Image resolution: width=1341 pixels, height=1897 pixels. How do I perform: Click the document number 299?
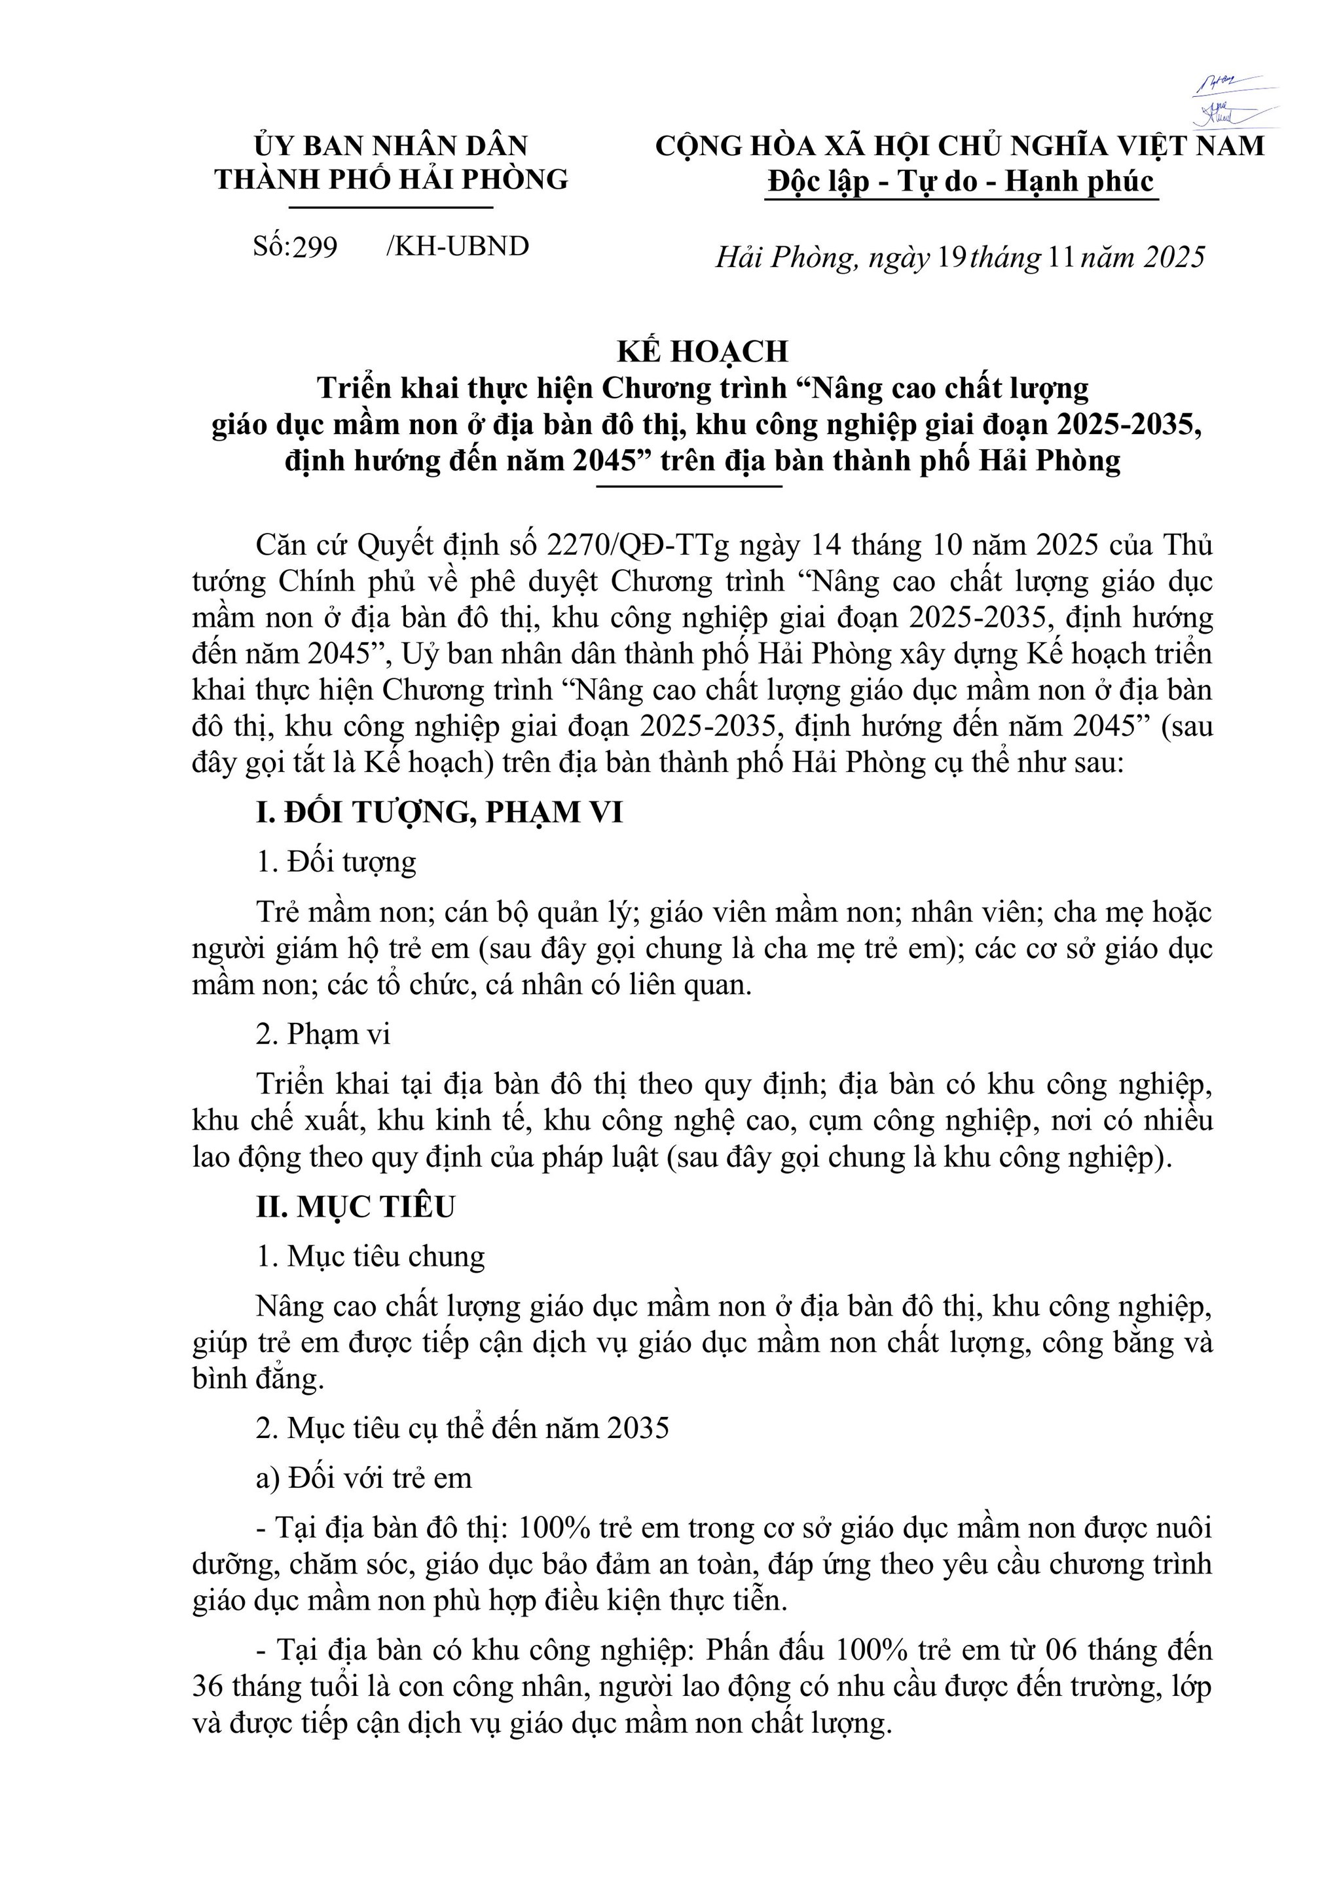click(315, 247)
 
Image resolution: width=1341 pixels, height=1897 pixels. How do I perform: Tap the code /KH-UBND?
click(457, 246)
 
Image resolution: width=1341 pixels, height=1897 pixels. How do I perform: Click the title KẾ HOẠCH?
click(703, 352)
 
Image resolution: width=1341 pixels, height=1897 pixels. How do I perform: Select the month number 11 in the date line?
click(1061, 258)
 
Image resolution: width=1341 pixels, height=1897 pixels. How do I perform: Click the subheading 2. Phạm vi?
click(322, 1033)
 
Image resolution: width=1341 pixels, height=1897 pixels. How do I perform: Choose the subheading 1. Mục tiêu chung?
click(370, 1256)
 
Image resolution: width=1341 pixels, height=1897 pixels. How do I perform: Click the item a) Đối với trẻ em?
click(363, 1477)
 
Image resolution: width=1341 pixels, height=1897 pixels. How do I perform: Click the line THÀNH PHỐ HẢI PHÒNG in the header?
click(392, 179)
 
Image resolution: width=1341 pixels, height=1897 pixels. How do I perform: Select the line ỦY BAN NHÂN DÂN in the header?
click(391, 146)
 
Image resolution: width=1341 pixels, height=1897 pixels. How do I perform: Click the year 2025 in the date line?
click(1174, 258)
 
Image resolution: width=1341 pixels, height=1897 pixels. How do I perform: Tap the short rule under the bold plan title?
click(689, 487)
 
